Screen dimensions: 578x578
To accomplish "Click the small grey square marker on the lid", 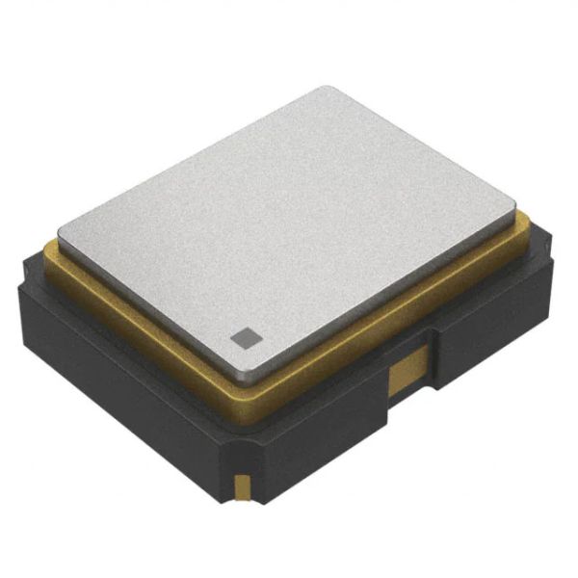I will coord(245,337).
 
